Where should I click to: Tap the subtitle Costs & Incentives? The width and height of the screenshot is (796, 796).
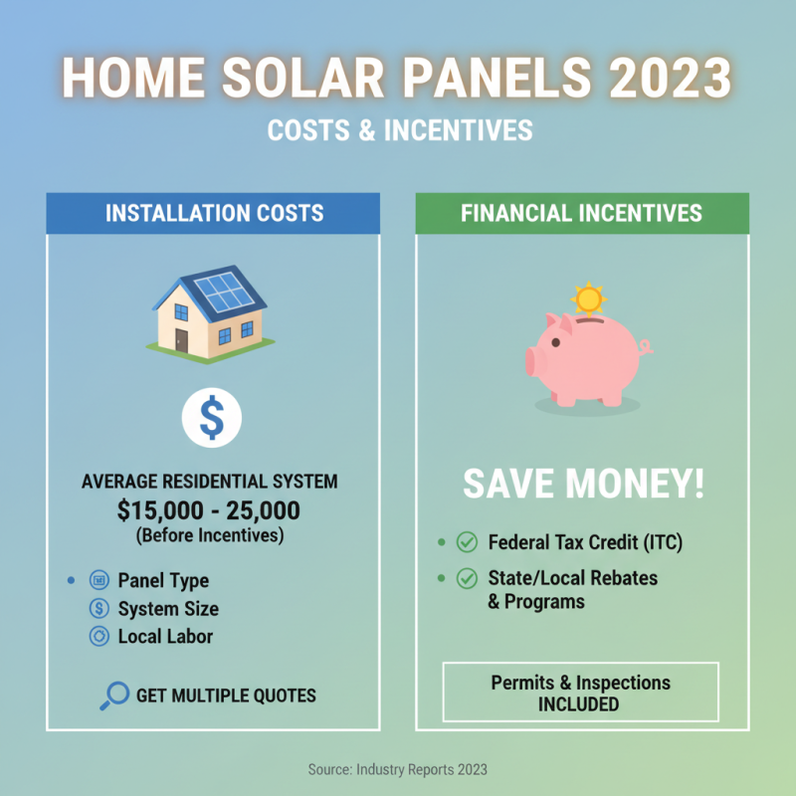click(x=398, y=130)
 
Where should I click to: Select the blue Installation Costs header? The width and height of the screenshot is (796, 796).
click(x=213, y=213)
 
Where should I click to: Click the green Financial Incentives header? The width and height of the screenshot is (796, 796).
click(x=581, y=213)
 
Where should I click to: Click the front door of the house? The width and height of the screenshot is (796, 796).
click(x=182, y=340)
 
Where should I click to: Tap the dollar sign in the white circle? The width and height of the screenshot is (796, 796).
click(x=211, y=419)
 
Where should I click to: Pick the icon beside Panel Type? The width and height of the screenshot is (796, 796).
click(x=99, y=580)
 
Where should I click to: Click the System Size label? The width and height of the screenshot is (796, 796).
click(x=167, y=609)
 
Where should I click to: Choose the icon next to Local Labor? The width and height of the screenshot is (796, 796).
click(x=99, y=637)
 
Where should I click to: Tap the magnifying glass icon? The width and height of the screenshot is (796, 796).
click(x=113, y=696)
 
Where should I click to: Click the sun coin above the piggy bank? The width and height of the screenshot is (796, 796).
click(x=589, y=298)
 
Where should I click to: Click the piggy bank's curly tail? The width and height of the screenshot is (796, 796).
click(x=645, y=347)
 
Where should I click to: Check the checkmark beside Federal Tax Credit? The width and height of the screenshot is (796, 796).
click(x=466, y=543)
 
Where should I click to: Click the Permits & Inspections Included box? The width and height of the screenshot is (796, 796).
click(x=580, y=693)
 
